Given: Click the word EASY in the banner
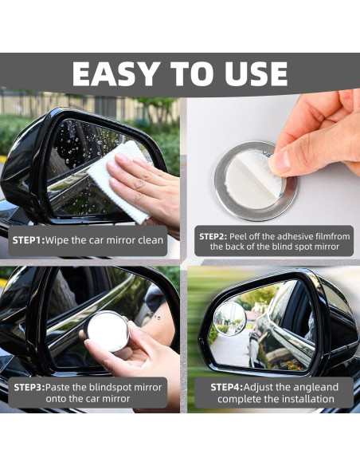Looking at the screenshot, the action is point(115,73).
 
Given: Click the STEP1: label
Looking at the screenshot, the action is point(29,240).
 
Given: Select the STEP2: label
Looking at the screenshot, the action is point(213,236).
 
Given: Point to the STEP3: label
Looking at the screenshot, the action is point(29,387).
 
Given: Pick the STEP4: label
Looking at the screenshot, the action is point(227,387).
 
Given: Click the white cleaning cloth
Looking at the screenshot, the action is point(119,181).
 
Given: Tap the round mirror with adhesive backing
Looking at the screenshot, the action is point(256,180).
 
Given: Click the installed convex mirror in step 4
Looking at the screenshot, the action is point(230,318).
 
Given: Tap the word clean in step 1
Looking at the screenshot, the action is point(151,240).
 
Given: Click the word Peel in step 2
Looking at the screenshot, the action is point(238,236).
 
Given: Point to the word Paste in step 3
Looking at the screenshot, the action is point(58,387).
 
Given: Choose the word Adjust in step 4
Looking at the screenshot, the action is point(258,387).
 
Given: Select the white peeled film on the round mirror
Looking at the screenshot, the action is point(252,178).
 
